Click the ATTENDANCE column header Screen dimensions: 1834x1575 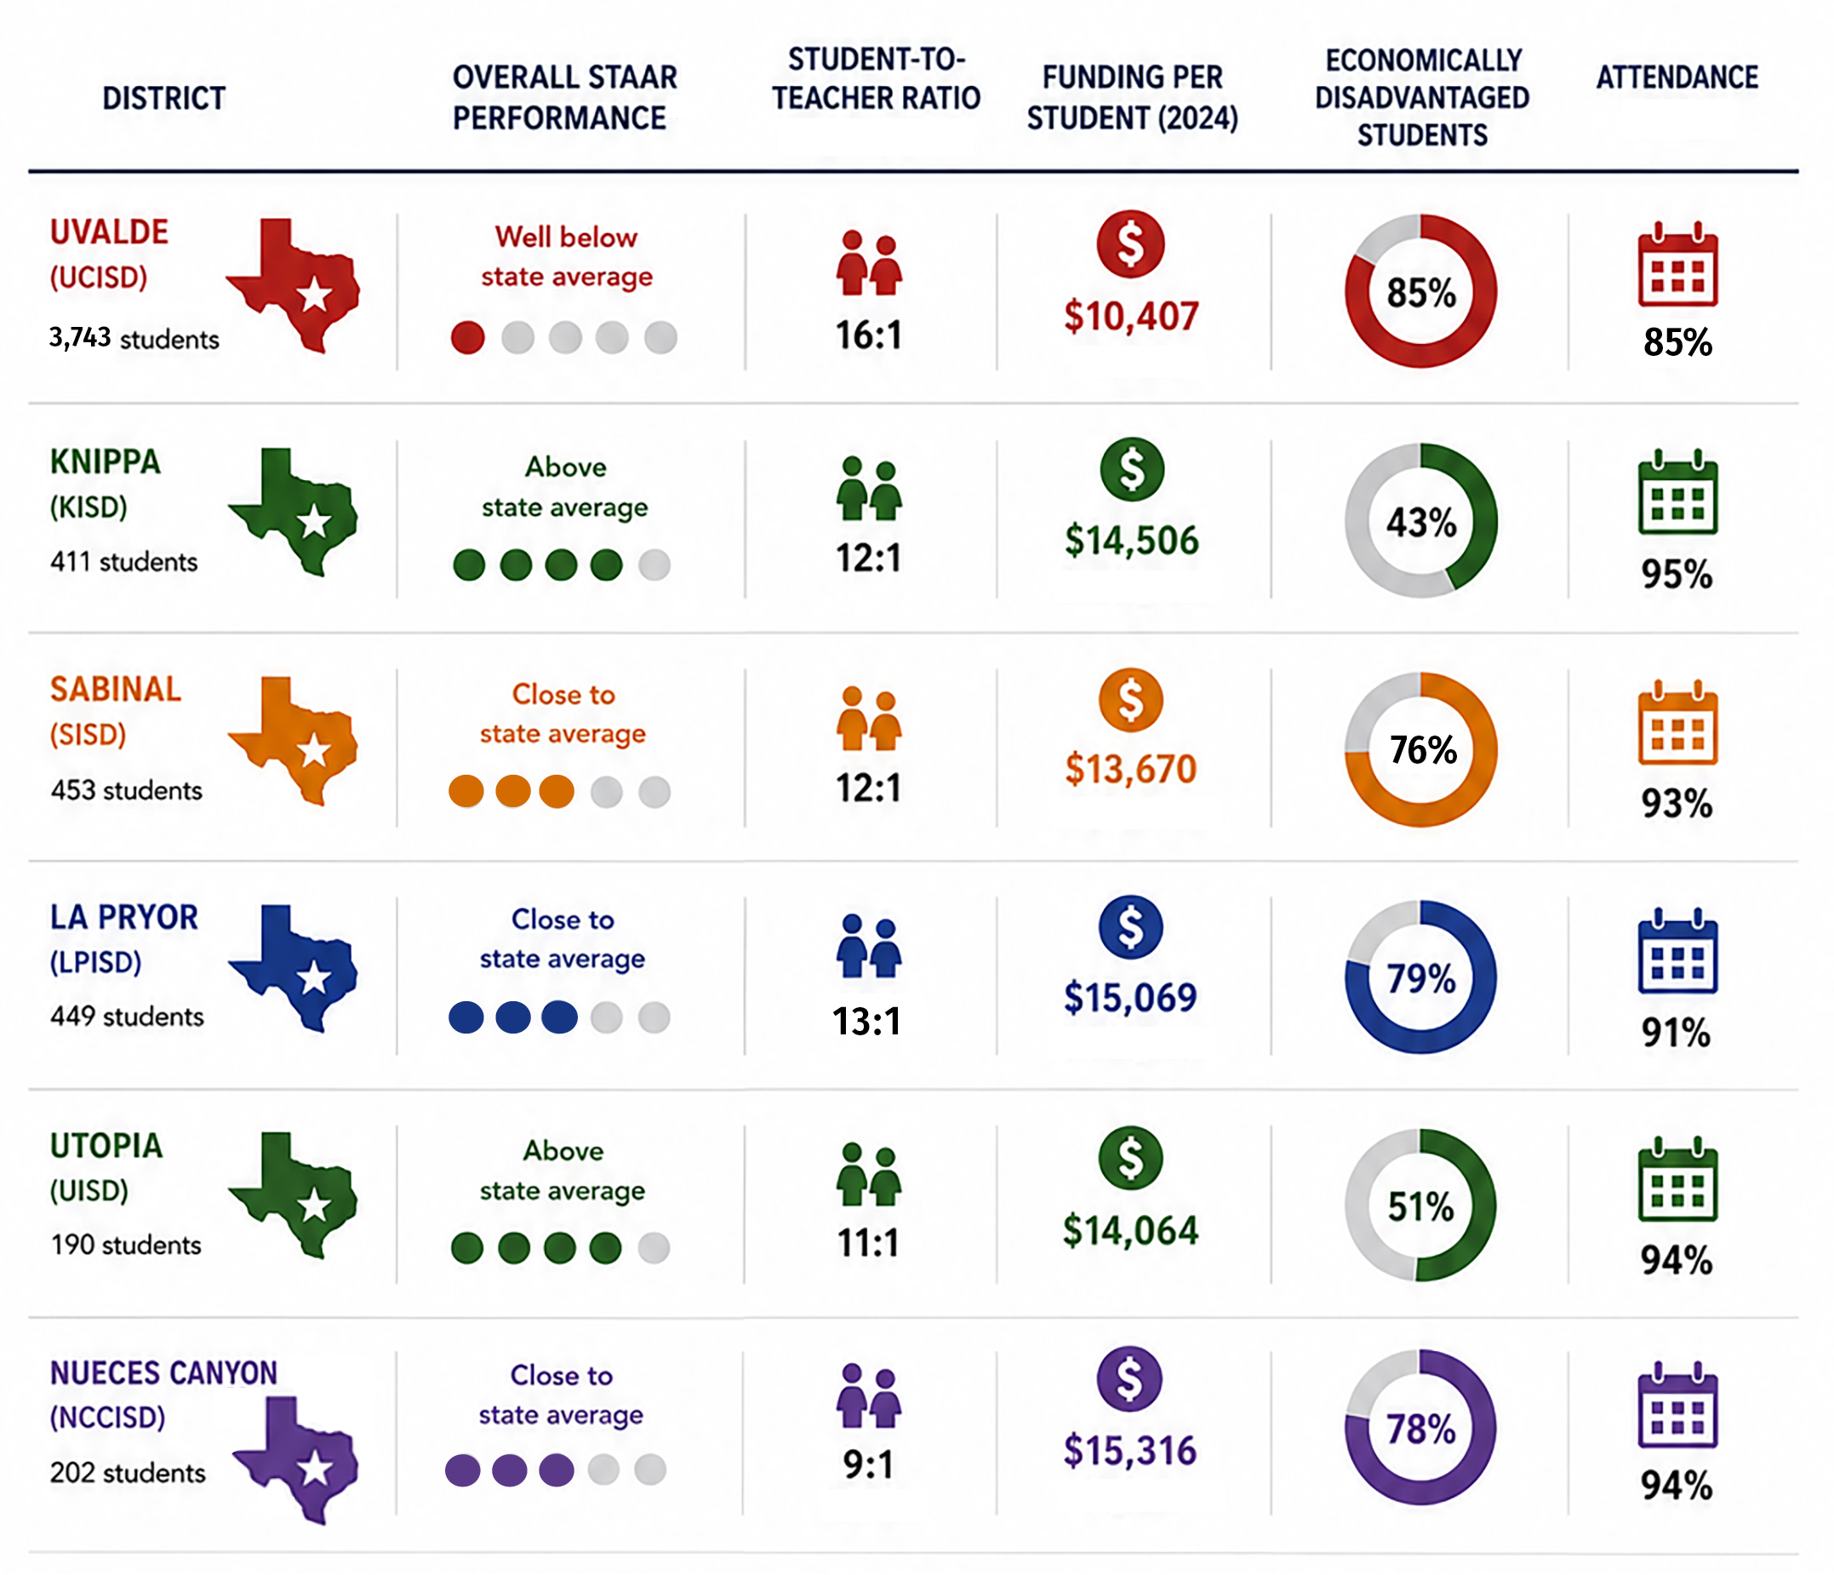tap(1677, 78)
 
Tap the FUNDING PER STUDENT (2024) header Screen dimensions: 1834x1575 tap(1132, 97)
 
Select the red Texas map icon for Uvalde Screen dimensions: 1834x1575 tap(293, 285)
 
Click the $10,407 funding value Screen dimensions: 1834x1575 tap(1131, 316)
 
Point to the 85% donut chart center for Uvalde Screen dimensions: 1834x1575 tap(1420, 292)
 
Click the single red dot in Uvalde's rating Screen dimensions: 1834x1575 tap(467, 337)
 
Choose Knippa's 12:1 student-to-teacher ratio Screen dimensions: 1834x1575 tap(868, 558)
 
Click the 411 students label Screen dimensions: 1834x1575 tap(124, 561)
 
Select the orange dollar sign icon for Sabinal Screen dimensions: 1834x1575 tap(1130, 700)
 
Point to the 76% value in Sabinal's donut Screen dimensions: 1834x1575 tap(1422, 750)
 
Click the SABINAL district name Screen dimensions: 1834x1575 tap(116, 689)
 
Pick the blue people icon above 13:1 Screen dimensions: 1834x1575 tap(868, 946)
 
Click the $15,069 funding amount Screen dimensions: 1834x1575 tap(1130, 998)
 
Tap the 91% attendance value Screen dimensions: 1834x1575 tap(1677, 1033)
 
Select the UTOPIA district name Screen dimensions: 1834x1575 tap(106, 1146)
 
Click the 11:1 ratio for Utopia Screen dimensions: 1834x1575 tap(868, 1242)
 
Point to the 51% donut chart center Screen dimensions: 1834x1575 tap(1420, 1206)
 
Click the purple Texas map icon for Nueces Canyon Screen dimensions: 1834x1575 tap(296, 1459)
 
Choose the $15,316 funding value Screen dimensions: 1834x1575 tap(1129, 1450)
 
